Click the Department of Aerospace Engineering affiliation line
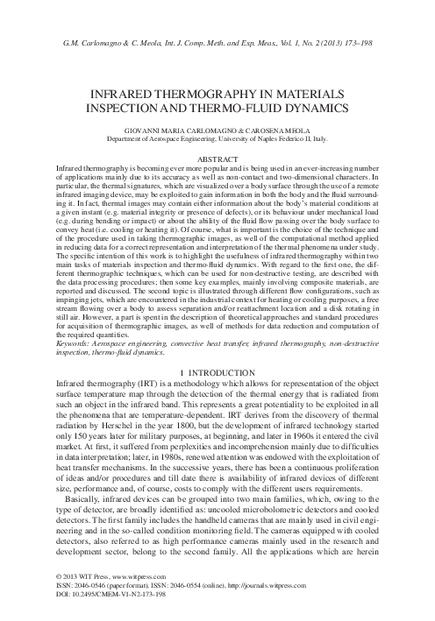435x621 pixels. pyautogui.click(x=217, y=138)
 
